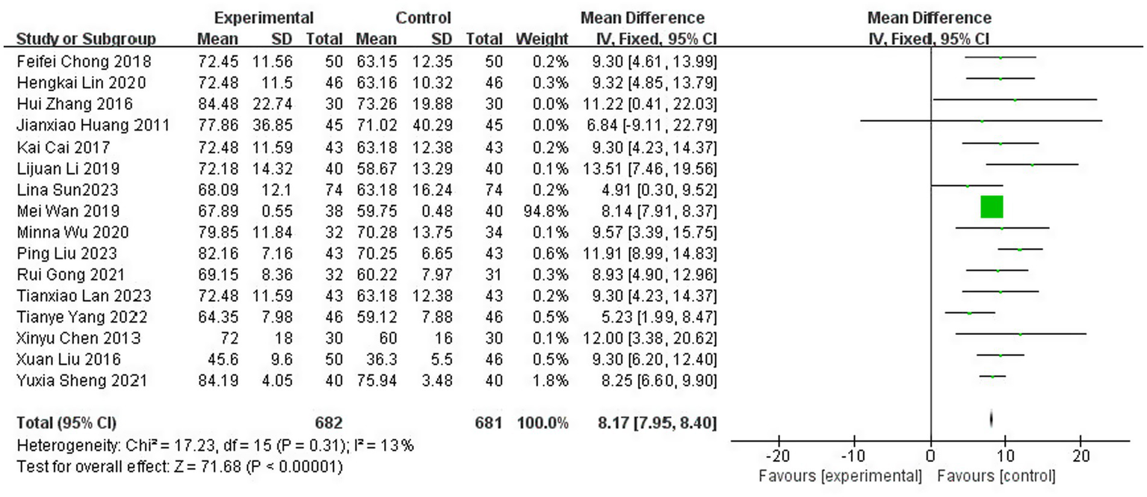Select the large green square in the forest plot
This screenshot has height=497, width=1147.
(992, 207)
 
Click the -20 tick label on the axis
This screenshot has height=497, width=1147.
(777, 456)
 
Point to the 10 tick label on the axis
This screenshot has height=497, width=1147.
(1005, 456)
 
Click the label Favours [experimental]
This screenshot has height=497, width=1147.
(840, 476)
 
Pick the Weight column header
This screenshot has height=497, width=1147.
(542, 39)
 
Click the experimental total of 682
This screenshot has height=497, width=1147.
(329, 424)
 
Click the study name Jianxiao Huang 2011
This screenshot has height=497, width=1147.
(93, 125)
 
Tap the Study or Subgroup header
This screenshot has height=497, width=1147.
(86, 39)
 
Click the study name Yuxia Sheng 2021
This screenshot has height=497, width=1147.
(81, 381)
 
